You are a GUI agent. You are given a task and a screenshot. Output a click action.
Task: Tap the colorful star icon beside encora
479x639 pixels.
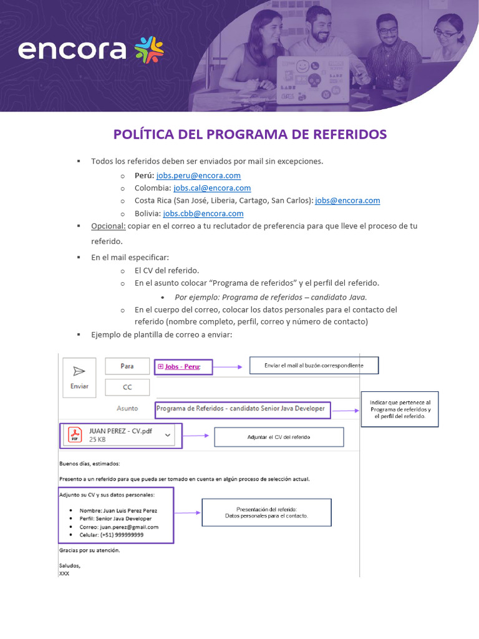[x=150, y=49]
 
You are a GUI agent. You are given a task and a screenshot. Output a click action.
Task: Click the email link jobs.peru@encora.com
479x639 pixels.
[x=198, y=175]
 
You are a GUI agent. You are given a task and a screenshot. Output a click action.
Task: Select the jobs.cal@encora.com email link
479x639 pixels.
[x=212, y=188]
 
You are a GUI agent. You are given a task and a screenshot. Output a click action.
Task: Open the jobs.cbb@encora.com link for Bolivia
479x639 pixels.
[x=203, y=213]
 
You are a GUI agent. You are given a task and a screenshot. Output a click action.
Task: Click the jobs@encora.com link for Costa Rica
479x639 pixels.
[x=347, y=200]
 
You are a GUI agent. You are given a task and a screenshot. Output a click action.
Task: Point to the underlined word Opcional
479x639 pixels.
[x=108, y=226]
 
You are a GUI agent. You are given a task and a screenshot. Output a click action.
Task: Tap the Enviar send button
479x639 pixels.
[x=79, y=377]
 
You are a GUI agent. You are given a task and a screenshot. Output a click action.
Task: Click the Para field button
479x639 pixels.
[x=127, y=366]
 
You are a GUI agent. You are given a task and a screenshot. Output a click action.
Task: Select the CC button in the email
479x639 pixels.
[x=127, y=387]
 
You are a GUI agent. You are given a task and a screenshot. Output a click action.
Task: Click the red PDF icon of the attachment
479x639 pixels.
[x=75, y=435]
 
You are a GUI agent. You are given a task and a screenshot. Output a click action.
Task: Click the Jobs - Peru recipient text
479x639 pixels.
[x=182, y=367]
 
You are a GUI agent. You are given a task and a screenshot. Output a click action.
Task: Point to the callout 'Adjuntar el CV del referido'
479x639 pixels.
[x=279, y=437]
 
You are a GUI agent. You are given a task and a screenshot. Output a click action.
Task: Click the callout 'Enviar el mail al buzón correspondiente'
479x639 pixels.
[x=314, y=365]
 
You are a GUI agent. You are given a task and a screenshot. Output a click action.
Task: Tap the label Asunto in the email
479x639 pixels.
[x=127, y=409]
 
